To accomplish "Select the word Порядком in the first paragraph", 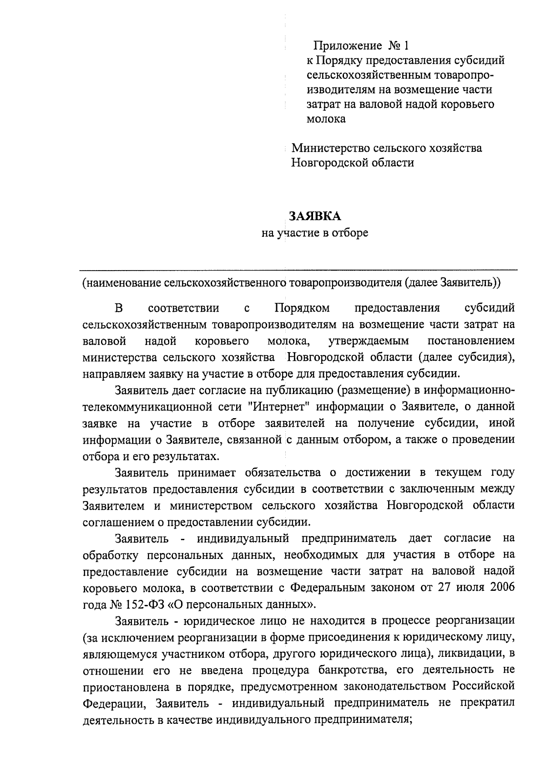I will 302,308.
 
